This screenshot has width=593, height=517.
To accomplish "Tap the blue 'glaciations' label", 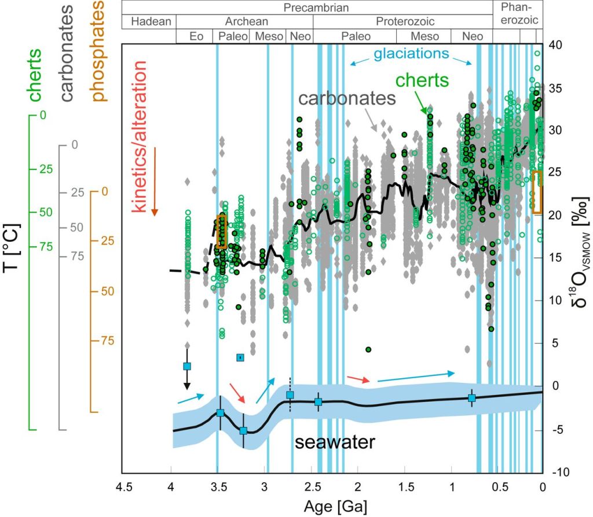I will click(x=412, y=54).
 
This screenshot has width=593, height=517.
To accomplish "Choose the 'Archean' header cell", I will click(x=244, y=21).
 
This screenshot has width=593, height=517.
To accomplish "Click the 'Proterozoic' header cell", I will click(x=402, y=21).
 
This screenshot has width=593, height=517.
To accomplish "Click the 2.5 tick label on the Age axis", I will click(x=311, y=486).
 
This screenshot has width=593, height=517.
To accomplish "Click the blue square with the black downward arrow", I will click(x=187, y=366).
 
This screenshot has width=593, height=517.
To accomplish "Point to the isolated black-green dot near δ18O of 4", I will click(x=368, y=349).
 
